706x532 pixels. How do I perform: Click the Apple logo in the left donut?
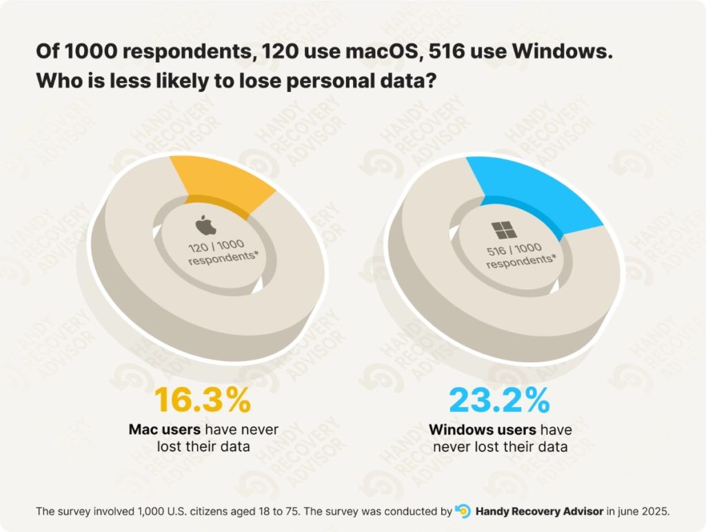(201, 225)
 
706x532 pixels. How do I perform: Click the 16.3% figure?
(202, 400)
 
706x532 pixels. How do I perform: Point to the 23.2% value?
(499, 400)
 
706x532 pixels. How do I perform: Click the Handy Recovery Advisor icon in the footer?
(463, 511)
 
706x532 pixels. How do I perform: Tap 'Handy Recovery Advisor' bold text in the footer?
(539, 512)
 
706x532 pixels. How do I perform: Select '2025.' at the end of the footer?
(655, 512)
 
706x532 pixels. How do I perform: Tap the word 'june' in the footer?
(627, 512)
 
